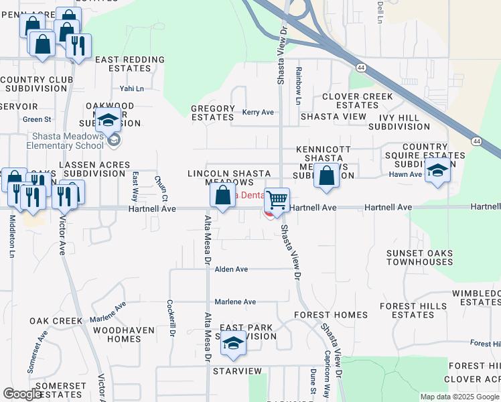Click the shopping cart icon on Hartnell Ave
(277, 200)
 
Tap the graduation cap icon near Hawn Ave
(437, 170)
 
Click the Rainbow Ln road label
(299, 85)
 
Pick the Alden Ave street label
(231, 269)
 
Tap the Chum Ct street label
(161, 188)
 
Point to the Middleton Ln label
(12, 238)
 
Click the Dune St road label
(312, 381)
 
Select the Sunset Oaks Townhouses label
(419, 257)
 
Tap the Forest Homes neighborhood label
(331, 314)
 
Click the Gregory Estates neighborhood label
(213, 113)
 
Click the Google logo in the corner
(22, 394)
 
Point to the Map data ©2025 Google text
(459, 397)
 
